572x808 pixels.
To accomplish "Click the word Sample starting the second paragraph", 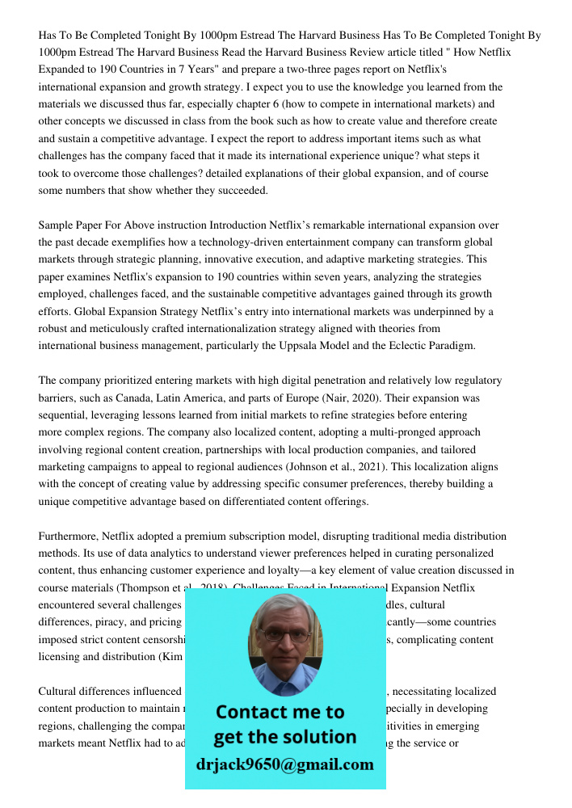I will point(57,225).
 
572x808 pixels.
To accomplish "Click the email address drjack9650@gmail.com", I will point(285,764).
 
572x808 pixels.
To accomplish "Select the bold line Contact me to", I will point(280,712).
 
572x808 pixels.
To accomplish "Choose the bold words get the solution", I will point(285,737).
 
